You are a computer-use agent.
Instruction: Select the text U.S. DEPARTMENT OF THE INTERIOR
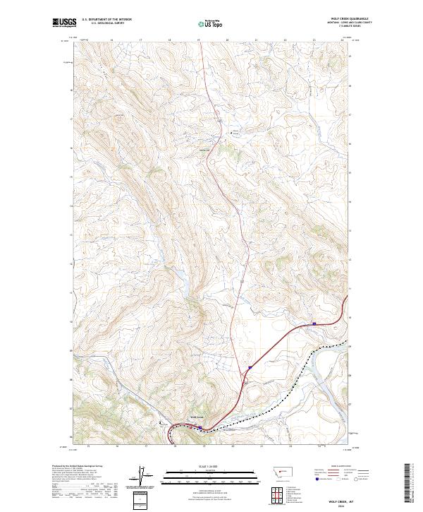(106, 20)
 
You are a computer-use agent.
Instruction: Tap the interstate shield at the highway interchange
(249, 367)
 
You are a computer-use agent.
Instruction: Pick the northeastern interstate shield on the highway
(314, 324)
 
